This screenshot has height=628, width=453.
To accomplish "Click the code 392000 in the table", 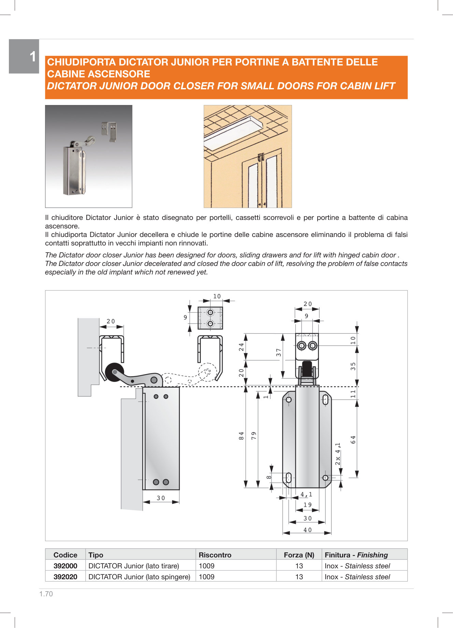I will point(65,566).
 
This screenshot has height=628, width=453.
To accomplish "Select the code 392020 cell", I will point(65,577).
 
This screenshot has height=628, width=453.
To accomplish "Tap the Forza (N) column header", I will point(299,555).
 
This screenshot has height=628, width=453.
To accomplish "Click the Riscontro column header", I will point(215,555).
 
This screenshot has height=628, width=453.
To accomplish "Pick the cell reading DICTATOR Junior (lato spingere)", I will point(139,577).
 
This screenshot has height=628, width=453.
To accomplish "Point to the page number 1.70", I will point(46,594).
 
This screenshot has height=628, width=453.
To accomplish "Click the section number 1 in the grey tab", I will point(33,57).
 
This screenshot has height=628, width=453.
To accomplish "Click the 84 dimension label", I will point(242,436).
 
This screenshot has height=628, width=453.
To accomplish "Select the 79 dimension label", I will point(254,436).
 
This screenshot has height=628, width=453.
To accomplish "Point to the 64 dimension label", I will point(353,439).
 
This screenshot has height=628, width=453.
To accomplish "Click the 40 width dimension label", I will point(307,530).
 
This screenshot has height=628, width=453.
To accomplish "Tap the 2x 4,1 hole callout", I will point(338,454).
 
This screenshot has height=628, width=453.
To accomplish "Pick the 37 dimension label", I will point(279,353).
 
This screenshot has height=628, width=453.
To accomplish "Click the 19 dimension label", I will point(307,505).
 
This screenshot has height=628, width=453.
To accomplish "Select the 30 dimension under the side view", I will point(161,498).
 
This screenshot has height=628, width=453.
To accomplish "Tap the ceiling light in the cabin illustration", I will point(233,130).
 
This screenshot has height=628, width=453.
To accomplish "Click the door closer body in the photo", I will point(73,170).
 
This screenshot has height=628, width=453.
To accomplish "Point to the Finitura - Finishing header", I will point(356,555).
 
